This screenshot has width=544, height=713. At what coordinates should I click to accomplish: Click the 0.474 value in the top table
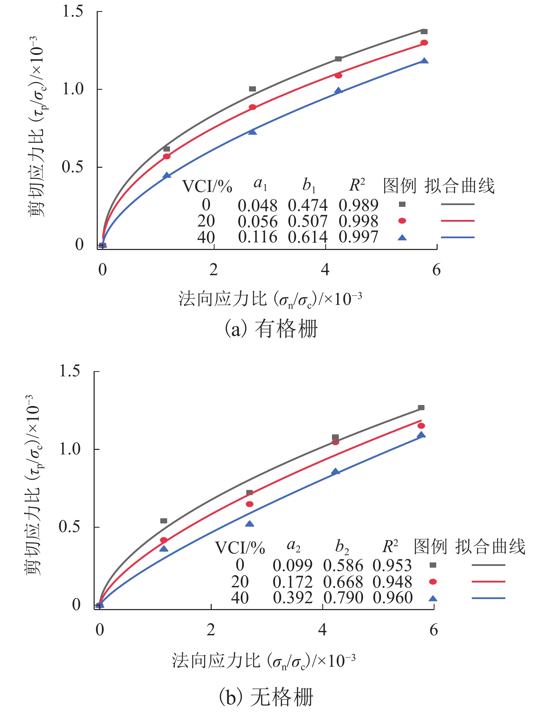click(x=307, y=205)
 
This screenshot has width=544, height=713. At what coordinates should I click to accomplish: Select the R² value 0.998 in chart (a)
click(x=358, y=221)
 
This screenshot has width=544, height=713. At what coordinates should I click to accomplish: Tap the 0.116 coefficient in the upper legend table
click(x=257, y=237)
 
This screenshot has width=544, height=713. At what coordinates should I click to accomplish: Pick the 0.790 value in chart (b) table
click(x=343, y=598)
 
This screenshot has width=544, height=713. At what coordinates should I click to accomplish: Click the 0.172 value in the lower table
click(x=292, y=582)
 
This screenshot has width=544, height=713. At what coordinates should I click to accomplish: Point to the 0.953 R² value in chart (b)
click(x=392, y=566)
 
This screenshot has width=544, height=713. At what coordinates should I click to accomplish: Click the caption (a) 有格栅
click(x=271, y=329)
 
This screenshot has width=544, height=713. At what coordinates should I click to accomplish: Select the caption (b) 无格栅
click(x=266, y=697)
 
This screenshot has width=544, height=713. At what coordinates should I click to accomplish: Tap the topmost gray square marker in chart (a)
click(x=424, y=32)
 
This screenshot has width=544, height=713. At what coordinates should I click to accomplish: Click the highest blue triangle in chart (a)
click(x=424, y=61)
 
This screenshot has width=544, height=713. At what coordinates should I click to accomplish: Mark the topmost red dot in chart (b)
click(x=421, y=426)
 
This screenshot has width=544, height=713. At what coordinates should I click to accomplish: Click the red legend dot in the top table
click(x=402, y=221)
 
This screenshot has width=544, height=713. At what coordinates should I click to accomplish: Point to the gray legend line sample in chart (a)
click(x=457, y=204)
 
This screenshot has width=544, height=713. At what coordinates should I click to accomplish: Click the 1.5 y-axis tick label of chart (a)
click(x=73, y=11)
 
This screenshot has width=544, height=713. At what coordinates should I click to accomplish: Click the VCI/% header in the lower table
click(x=240, y=548)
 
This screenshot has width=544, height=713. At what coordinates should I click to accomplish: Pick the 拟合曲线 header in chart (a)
click(x=459, y=186)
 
